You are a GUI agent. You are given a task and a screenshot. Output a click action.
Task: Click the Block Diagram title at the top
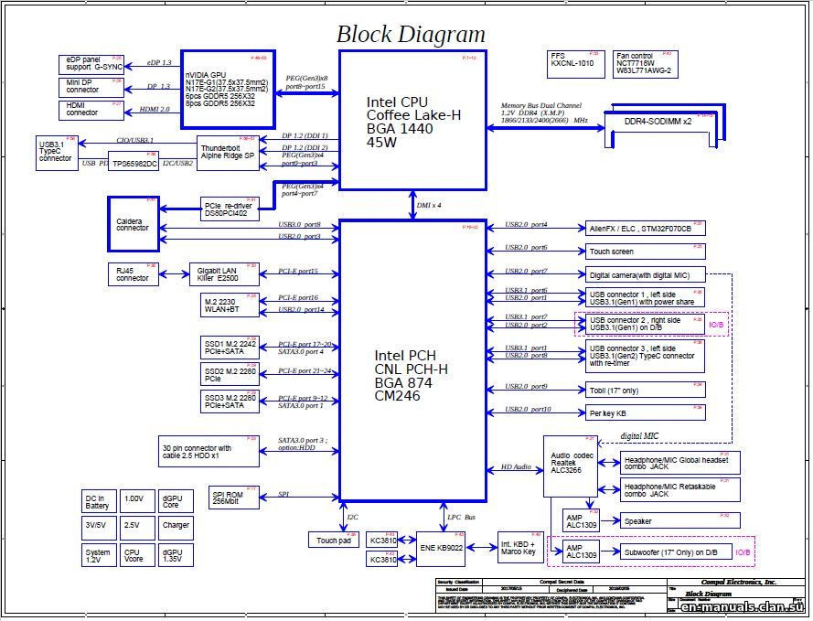pos(411,35)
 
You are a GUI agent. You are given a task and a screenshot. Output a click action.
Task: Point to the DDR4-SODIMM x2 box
pos(658,123)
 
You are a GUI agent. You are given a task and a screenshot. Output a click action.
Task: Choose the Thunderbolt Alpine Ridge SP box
pos(228,152)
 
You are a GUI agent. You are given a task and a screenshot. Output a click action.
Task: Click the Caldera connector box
pos(134,223)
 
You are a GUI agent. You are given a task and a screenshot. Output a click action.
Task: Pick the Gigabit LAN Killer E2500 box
pos(225,273)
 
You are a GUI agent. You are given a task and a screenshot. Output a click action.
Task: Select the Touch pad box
pos(333,541)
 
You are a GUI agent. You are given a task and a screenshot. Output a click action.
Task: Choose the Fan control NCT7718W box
pos(645,63)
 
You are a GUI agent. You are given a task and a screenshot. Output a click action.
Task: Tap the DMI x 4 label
pos(429,206)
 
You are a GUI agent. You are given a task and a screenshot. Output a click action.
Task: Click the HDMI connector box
pos(91,109)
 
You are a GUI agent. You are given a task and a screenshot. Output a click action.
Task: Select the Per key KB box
pos(645,412)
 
